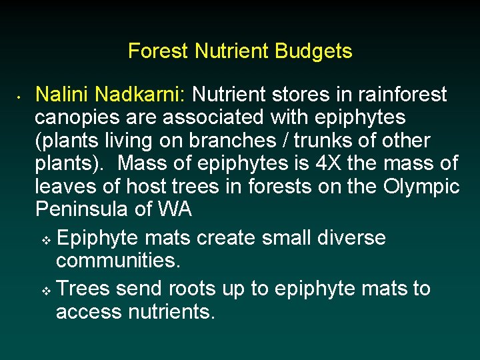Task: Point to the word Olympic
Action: (x=422, y=187)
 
